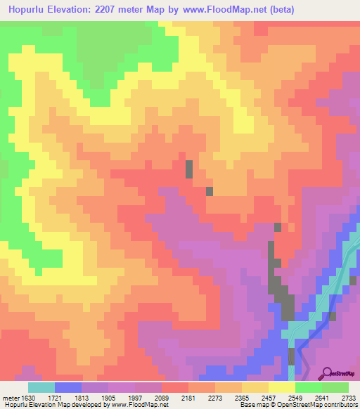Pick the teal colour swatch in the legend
pos(41,387)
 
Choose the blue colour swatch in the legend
pos(67,387)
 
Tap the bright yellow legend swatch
pos(281,387)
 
